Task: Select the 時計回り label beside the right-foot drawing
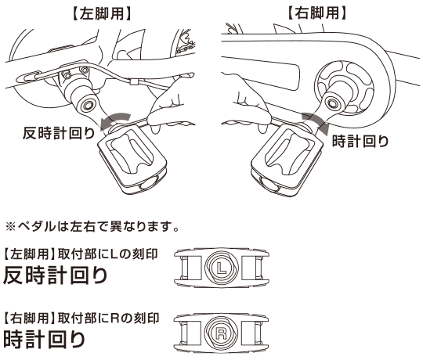point(360,142)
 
